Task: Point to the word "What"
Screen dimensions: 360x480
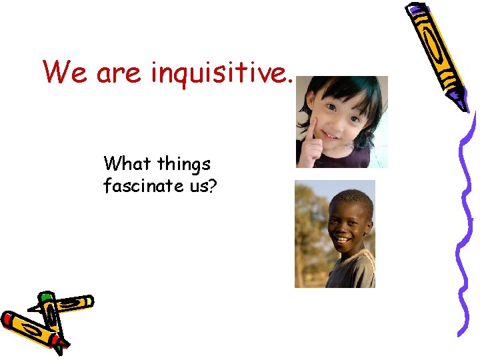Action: coord(129,163)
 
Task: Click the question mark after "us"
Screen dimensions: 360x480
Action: coord(212,186)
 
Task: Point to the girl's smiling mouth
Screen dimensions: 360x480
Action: coord(331,135)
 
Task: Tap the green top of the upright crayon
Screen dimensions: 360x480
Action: coord(46,295)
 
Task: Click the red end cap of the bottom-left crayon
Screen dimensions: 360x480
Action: coord(8,319)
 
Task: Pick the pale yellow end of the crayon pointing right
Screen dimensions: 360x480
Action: coord(86,301)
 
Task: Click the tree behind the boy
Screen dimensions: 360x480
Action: coord(309,220)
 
